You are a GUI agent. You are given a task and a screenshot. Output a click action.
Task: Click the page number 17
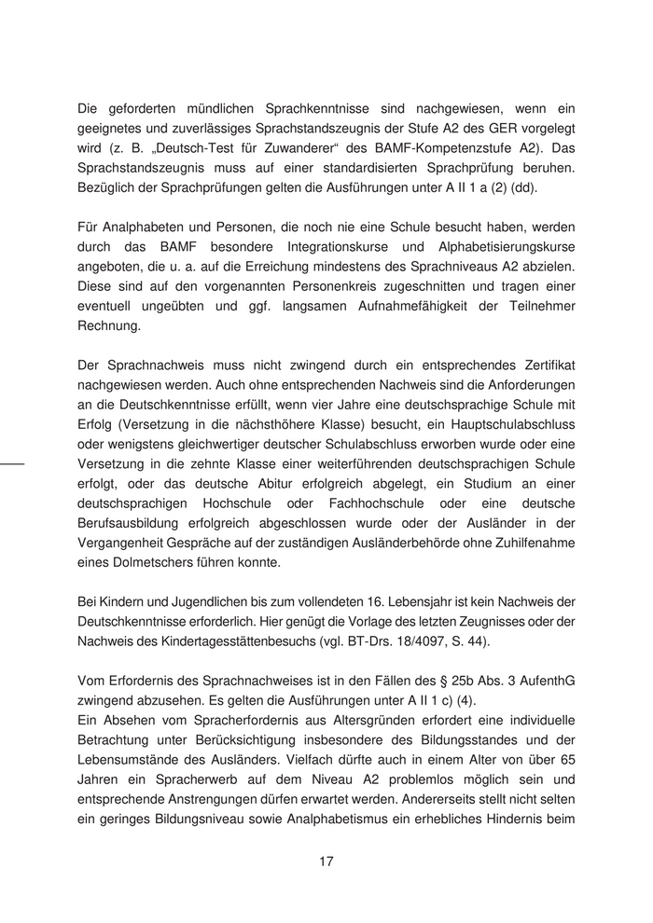pos(326,861)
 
